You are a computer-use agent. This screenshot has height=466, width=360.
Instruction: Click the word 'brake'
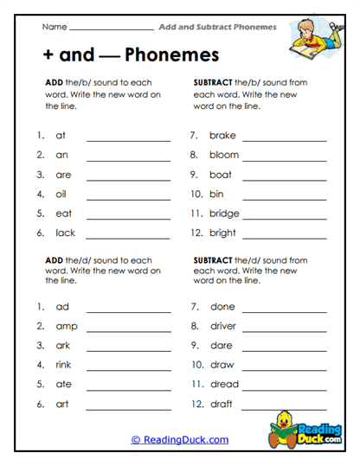tap(222, 136)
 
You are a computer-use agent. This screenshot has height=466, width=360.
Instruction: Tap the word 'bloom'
tap(224, 155)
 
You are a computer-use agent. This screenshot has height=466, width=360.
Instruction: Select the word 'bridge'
tap(224, 214)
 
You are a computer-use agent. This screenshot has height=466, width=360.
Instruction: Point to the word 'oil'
tap(61, 194)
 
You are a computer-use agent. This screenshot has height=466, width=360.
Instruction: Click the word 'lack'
tap(65, 233)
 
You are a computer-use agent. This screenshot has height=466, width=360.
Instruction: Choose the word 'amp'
tap(66, 326)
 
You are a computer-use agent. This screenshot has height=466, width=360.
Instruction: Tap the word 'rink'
tap(63, 365)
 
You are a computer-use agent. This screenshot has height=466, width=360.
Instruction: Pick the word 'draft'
tap(222, 404)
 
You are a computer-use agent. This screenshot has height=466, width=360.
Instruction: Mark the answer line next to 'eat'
tap(128, 217)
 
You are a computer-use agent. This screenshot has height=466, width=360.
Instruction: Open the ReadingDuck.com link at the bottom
tap(180, 440)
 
